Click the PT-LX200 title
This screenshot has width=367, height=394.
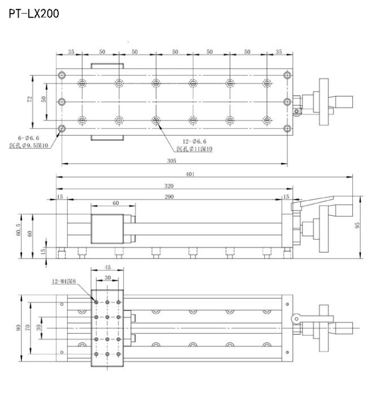34,14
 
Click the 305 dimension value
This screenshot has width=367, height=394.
172,161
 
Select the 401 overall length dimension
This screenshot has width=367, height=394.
190,174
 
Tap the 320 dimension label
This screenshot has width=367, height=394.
169,185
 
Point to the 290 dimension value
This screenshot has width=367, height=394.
169,197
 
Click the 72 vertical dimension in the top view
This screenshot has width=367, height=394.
30,99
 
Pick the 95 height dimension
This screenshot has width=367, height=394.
357,225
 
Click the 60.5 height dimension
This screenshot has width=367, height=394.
18,230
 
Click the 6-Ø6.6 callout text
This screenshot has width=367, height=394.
28,138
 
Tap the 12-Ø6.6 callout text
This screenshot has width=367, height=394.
194,141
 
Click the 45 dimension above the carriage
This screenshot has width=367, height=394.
107,267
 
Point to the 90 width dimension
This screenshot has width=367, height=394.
18,328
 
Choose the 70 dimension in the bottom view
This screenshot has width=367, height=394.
27,327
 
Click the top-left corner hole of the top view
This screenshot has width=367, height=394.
62,75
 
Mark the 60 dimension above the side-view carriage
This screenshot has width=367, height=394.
116,203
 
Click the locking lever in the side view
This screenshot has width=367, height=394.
312,203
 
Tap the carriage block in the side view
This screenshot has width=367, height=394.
107,229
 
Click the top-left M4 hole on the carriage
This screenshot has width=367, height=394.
96,302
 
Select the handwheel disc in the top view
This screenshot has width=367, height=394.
324,102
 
